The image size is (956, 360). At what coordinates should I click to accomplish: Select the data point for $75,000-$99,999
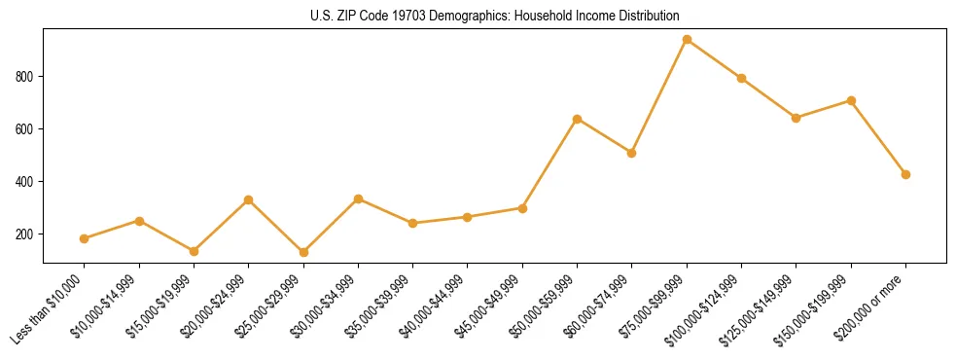point(687,40)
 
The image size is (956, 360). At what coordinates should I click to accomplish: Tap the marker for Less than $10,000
point(85,238)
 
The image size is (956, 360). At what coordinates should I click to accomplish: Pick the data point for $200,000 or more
point(905,174)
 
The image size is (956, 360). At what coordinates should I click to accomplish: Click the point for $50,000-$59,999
point(578,119)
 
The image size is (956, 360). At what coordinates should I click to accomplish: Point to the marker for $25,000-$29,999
point(303,252)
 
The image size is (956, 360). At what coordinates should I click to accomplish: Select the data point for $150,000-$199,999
point(851,100)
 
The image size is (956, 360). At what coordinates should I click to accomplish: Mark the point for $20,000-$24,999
point(248,199)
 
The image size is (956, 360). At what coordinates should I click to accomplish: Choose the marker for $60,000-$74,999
point(632,153)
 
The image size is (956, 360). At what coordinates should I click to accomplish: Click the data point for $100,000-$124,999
point(741,78)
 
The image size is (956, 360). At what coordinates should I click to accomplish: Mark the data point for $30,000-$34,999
point(358,198)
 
